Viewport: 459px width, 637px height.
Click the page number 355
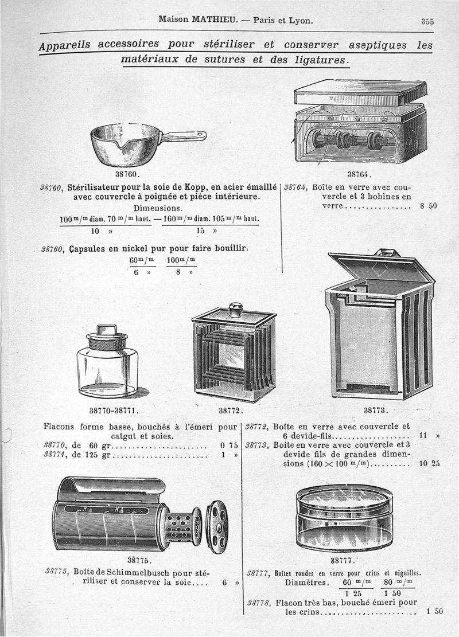click(427, 21)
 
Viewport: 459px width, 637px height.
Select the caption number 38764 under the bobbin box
click(360, 175)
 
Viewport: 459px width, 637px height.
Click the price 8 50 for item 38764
click(428, 205)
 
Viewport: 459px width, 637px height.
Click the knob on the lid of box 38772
click(235, 309)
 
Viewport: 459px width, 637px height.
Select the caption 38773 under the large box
click(376, 410)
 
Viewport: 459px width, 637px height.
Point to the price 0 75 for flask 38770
click(229, 445)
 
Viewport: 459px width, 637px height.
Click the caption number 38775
click(138, 560)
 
